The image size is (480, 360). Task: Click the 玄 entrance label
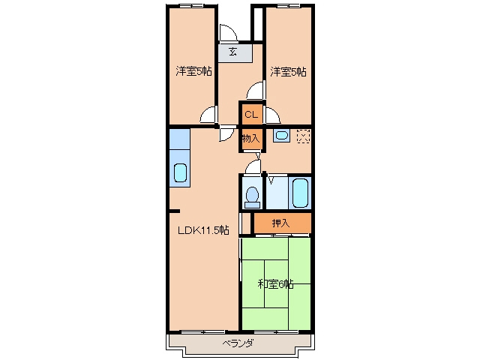pyautogui.click(x=233, y=52)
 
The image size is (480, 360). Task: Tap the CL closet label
pyautogui.click(x=251, y=115)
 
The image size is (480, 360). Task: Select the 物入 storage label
pyautogui.click(x=251, y=138)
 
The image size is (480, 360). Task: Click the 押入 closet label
pyautogui.click(x=281, y=223)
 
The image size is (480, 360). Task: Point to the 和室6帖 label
pyautogui.click(x=275, y=284)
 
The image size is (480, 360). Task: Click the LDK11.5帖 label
pyautogui.click(x=203, y=230)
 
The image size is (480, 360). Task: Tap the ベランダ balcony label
pyautogui.click(x=238, y=343)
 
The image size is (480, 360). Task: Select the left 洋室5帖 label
pyautogui.click(x=193, y=71)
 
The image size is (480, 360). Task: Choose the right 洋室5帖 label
pyautogui.click(x=288, y=72)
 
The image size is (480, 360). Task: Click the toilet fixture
pyautogui.click(x=253, y=197)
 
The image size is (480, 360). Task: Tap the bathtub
pyautogui.click(x=300, y=193)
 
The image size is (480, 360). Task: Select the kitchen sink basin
pyautogui.click(x=180, y=173)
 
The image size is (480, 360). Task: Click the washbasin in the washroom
pyautogui.click(x=281, y=135)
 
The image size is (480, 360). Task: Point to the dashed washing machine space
pyautogui.click(x=304, y=136)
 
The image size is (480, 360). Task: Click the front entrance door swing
pyautogui.click(x=229, y=32)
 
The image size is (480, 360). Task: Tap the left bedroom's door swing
pyautogui.click(x=208, y=115)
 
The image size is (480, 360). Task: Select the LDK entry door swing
pyautogui.click(x=226, y=135)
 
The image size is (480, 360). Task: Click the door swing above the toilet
pyautogui.click(x=254, y=166)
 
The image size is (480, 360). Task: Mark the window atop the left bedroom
pyautogui.click(x=191, y=6)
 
